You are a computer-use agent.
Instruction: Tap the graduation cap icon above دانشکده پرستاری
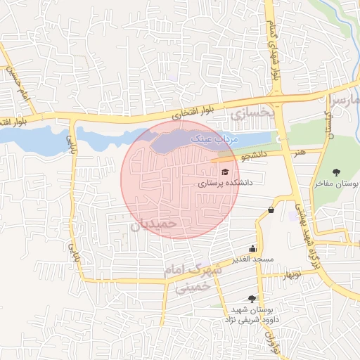click(225, 171)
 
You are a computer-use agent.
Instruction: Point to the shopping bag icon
click(271, 210)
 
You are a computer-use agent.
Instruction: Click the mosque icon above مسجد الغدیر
click(253, 248)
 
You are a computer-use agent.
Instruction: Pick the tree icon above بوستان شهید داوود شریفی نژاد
click(252, 299)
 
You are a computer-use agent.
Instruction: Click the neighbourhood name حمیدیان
click(160, 224)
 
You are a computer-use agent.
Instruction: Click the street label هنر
click(301, 151)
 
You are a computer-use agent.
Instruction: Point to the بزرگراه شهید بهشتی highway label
click(307, 221)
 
